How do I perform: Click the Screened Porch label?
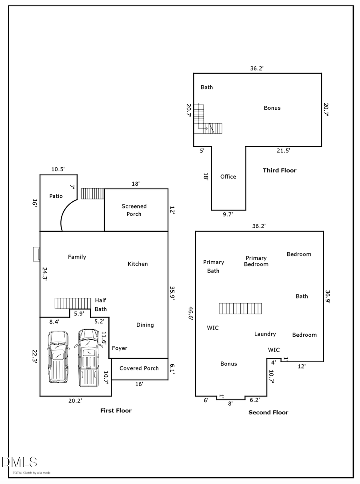(x=134, y=210)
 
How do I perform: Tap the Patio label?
(x=56, y=196)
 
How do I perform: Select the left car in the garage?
(x=58, y=356)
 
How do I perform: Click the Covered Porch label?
(x=139, y=368)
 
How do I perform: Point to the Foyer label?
(x=120, y=348)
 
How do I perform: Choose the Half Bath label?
(x=100, y=305)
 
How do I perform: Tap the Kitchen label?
(x=138, y=264)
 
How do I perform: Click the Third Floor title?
(x=280, y=171)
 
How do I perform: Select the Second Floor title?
(x=268, y=412)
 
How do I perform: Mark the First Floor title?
(x=116, y=410)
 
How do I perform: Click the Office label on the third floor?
(x=228, y=177)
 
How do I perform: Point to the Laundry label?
(x=265, y=334)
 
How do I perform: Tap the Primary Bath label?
(x=213, y=267)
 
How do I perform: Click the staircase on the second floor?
(x=240, y=309)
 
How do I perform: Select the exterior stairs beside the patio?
(x=92, y=194)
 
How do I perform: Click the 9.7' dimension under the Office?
(x=228, y=215)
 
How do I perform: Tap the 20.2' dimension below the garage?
(x=75, y=400)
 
